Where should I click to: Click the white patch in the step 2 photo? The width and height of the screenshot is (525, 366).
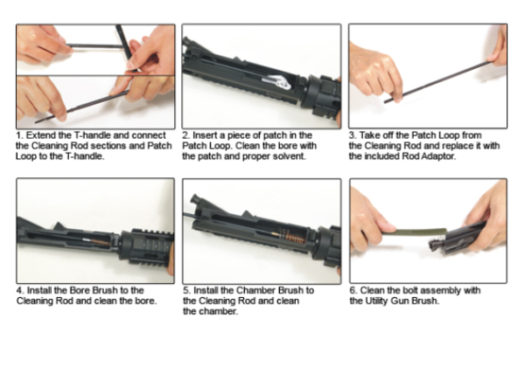tap(277, 81)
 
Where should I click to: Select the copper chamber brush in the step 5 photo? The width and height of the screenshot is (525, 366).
tap(292, 237)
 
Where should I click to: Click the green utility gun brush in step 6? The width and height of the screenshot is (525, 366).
tap(415, 231)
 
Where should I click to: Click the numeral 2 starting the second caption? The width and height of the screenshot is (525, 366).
tap(185, 135)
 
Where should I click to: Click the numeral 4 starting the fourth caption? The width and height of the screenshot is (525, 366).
tap(20, 290)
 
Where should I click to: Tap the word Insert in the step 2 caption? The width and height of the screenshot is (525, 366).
tap(205, 135)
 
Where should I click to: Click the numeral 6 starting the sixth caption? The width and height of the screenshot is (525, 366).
tap(353, 290)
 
